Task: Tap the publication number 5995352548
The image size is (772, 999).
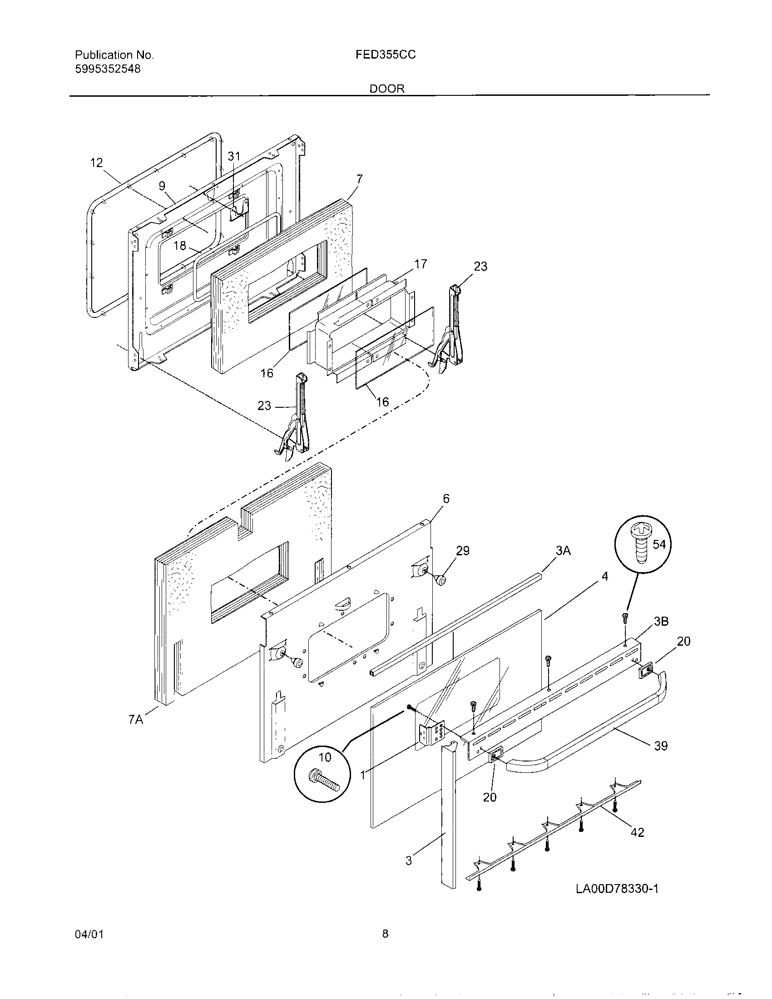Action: point(108,69)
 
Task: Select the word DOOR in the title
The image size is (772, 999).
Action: point(387,89)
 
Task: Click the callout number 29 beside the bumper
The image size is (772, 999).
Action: point(463,550)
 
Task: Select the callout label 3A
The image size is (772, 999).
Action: point(564,551)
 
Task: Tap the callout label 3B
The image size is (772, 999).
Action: point(661,621)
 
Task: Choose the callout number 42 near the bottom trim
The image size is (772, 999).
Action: point(637,832)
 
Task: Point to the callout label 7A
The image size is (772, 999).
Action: point(136,720)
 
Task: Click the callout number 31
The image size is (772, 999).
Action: point(234,156)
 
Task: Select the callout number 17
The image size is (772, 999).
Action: point(421,264)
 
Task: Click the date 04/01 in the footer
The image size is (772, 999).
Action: point(89,947)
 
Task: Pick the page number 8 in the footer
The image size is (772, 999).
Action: point(385,946)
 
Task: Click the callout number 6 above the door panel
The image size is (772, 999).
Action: point(446,498)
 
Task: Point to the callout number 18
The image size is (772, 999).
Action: point(180,246)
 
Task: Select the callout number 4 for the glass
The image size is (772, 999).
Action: point(604,576)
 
